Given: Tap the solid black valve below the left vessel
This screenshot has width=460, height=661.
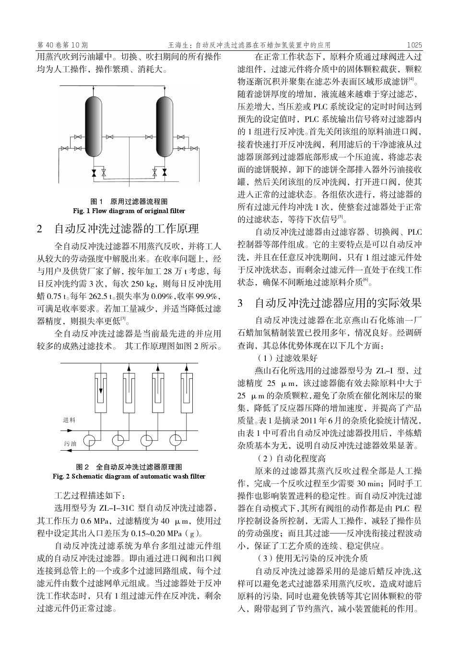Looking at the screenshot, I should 94,172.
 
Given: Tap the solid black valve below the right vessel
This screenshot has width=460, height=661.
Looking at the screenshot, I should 165,172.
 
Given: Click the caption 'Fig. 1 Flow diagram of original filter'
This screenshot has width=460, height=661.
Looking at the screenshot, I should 129,211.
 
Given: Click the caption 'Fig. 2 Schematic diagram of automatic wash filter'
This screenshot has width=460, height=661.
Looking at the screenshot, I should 129,476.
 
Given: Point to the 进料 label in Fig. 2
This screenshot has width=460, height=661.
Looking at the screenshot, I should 70,420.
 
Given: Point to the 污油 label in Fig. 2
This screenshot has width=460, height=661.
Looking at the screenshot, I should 70,444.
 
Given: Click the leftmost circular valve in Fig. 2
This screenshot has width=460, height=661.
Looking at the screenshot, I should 90,440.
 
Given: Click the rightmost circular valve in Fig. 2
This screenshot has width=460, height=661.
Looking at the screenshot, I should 175,440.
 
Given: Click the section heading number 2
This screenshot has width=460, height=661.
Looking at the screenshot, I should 40,228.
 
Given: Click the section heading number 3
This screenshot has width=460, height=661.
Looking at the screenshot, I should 241,303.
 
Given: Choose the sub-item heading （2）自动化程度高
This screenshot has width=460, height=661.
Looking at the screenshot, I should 291,458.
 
